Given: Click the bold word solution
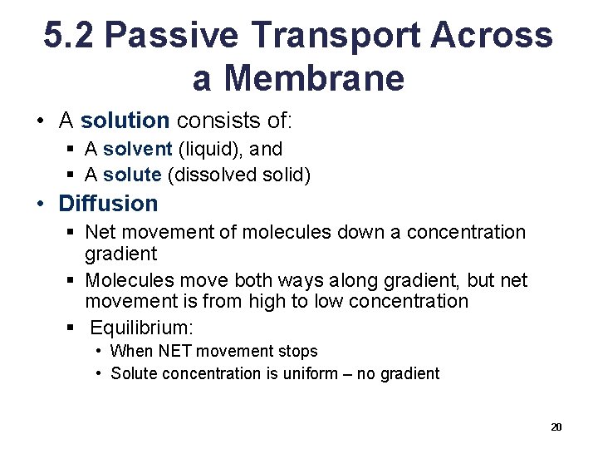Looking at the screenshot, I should point(125,121).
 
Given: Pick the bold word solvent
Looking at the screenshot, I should point(137,150).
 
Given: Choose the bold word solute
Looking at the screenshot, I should point(132,175).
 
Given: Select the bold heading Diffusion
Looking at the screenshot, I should point(108,204).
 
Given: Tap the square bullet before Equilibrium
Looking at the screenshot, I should point(75,327).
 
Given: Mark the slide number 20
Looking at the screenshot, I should point(556,427).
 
